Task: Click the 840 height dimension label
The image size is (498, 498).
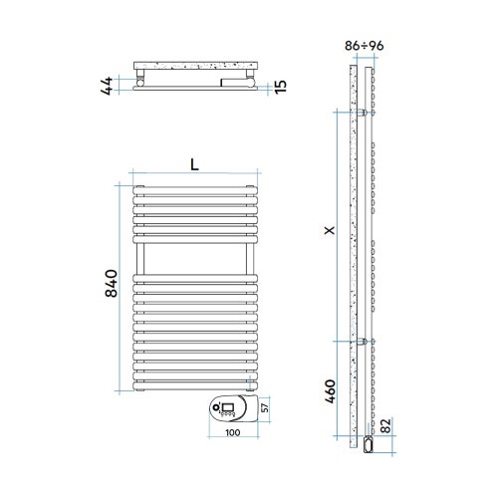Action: [x=113, y=284]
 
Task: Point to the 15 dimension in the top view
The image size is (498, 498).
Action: [x=282, y=87]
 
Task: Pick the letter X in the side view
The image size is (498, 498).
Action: [x=330, y=229]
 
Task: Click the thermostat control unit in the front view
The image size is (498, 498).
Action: [x=231, y=408]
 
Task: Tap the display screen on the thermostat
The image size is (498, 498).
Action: [x=225, y=406]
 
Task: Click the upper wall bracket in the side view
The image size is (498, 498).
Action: [x=366, y=115]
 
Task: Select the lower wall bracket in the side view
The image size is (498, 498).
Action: [x=366, y=342]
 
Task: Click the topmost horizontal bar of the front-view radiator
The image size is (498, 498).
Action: [x=194, y=187]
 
